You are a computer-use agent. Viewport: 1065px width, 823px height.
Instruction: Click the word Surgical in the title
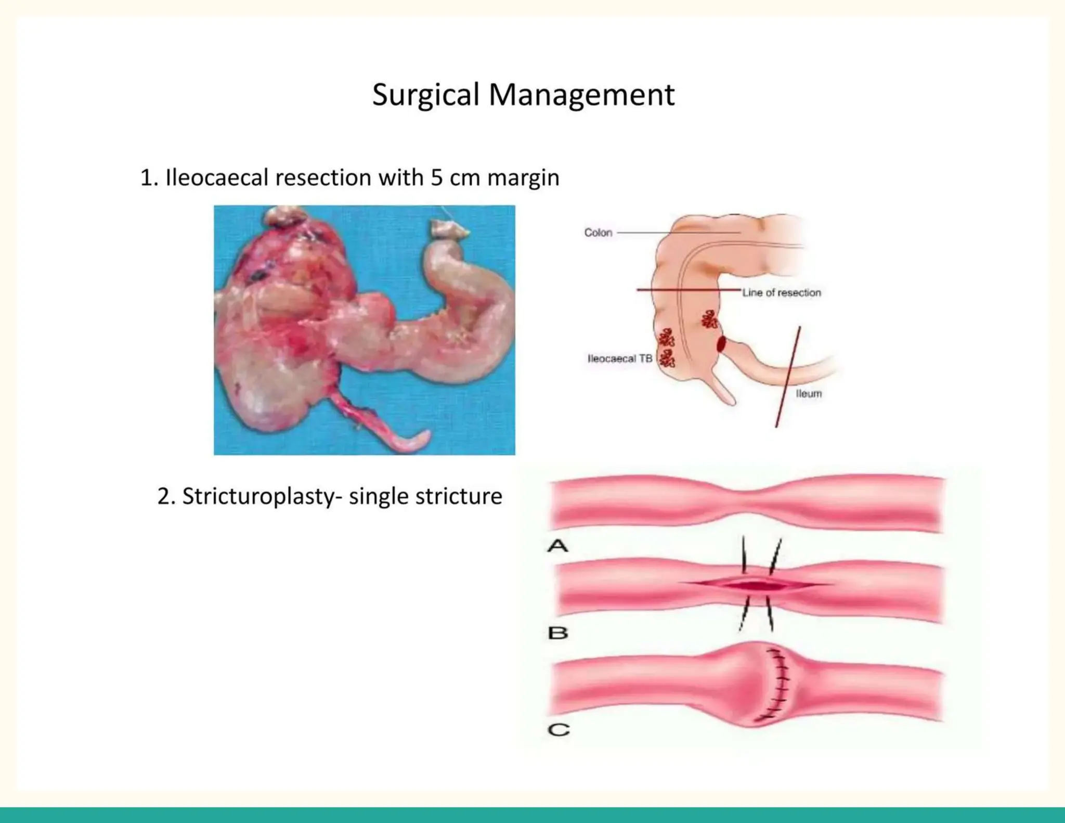pos(425,95)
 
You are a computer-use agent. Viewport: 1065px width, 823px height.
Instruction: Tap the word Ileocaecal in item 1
pos(216,178)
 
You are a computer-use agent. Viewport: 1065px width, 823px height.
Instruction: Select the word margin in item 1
pos(523,178)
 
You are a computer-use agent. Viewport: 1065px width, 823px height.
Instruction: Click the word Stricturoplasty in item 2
pos(258,496)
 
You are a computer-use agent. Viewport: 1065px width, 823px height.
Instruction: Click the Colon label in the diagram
pos(598,233)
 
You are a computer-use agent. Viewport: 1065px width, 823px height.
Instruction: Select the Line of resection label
pos(781,293)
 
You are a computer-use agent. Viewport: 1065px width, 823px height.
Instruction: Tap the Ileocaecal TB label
pos(619,358)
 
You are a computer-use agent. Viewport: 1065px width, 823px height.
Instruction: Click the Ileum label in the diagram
pos(809,394)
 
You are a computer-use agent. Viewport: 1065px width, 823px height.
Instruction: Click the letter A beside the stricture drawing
pos(558,546)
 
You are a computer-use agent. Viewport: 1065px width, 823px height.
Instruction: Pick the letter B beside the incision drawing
pos(558,633)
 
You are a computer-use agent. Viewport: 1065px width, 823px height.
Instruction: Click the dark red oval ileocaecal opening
pos(721,344)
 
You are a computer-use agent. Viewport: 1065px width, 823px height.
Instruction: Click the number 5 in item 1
pos(436,178)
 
